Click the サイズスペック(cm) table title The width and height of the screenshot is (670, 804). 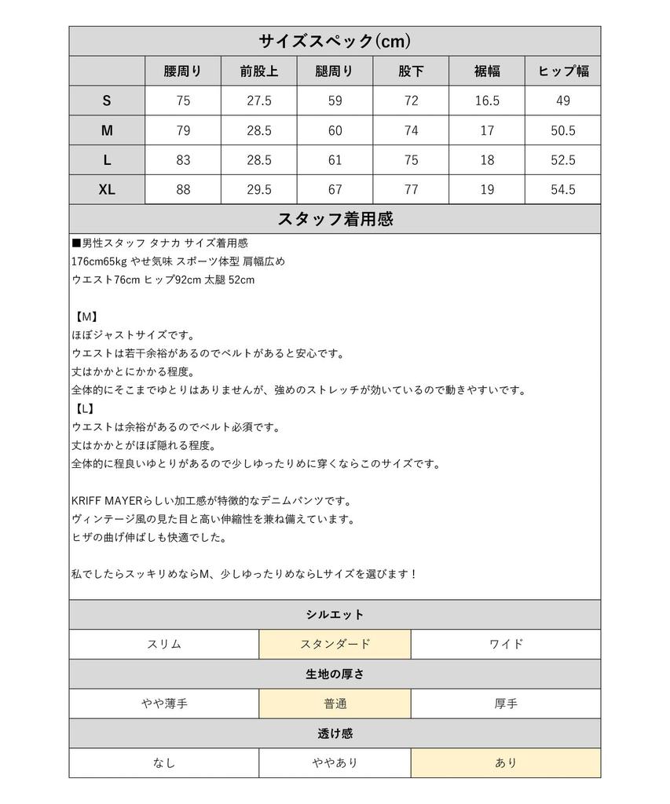335,41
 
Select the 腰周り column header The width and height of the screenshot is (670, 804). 183,71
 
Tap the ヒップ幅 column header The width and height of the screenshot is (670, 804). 562,71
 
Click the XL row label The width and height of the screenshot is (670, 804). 107,190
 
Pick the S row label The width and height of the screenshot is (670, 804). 107,100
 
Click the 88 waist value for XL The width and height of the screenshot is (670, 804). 183,190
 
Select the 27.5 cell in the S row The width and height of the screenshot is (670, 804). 258,100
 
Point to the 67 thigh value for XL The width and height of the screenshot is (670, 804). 335,190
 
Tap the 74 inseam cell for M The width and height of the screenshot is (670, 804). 411,130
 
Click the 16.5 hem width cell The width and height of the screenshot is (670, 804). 486,100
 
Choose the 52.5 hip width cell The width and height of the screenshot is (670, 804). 562,160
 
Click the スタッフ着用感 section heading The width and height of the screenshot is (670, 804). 335,220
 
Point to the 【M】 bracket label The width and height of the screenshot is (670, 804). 86,316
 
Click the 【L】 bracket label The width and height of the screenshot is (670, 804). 85,408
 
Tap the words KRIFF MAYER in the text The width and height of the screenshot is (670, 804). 104,501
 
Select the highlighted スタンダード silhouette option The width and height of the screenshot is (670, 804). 335,645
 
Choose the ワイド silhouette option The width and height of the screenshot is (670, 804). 506,645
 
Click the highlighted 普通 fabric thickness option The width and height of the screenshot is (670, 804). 335,703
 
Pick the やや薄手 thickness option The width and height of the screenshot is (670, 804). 164,703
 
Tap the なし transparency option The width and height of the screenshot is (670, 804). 164,763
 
